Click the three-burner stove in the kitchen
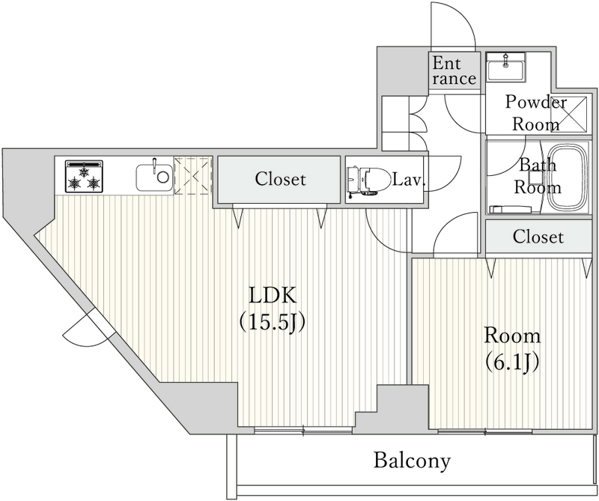pos(83,176)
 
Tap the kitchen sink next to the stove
pos(153,178)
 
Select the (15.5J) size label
pos(273,322)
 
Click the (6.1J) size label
pos(511,362)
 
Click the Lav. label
pos(410,180)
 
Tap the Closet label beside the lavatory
pos(280,180)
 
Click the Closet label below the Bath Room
pos(538,237)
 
